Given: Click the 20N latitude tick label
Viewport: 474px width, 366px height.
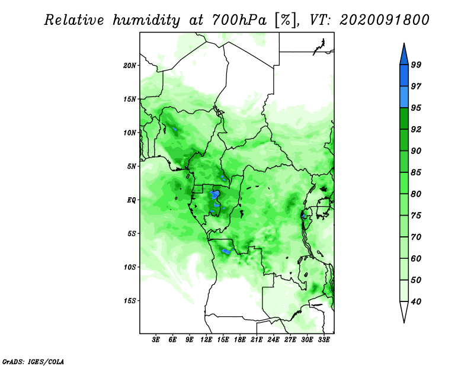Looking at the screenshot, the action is (130, 66).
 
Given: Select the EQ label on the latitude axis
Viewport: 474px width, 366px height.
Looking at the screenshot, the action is (132, 200).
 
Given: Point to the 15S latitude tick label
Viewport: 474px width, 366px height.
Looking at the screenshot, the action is (130, 301).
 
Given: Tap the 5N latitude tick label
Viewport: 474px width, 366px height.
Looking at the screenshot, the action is (132, 166).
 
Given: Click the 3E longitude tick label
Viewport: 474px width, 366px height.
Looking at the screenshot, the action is (156, 340).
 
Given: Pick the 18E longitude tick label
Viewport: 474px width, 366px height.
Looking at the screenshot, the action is (240, 340).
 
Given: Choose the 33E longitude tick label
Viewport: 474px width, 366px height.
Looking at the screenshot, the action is (324, 340).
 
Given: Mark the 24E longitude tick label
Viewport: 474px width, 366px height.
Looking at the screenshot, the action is (273, 340).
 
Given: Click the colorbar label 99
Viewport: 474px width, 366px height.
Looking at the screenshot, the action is (416, 65).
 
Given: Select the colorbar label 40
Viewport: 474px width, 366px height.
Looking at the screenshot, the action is (416, 301).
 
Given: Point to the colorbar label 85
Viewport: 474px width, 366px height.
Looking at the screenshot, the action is (416, 172).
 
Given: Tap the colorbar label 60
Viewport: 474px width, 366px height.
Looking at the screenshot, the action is (416, 258).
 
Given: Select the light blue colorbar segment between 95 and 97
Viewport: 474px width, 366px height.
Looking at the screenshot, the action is (404, 97).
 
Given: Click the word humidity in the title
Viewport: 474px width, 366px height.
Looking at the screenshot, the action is (146, 20).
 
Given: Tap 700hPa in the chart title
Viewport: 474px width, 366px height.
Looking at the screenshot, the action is (239, 20).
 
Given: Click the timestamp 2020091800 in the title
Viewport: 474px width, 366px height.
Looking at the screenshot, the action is (384, 20).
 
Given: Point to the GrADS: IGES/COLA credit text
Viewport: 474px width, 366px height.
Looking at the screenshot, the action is (33, 361).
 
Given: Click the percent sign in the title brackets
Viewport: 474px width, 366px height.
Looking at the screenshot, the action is (285, 20).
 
